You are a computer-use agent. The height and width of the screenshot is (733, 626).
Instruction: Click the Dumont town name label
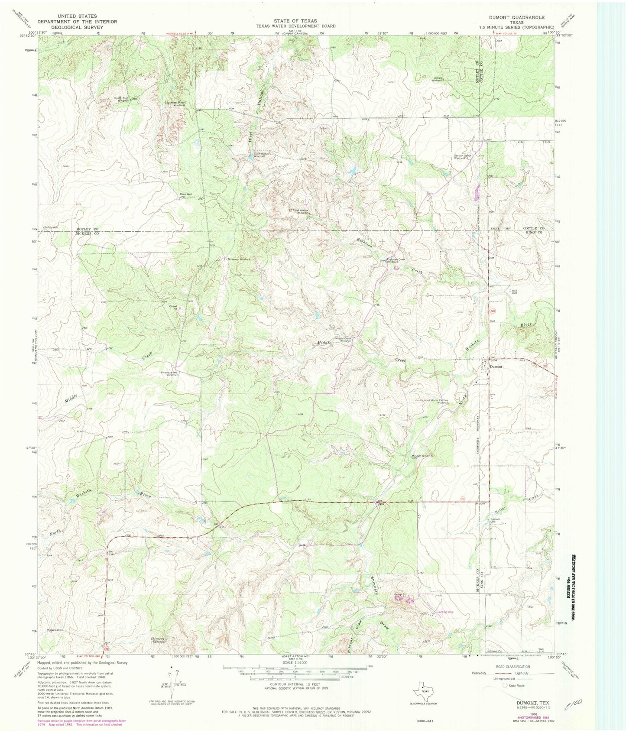[496, 366]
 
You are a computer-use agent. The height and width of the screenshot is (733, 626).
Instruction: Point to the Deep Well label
[186, 195]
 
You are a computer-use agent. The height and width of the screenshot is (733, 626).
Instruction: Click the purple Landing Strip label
[445, 612]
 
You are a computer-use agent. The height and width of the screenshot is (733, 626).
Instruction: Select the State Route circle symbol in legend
[504, 686]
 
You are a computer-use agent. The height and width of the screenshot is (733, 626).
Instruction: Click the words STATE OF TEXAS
[295, 21]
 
